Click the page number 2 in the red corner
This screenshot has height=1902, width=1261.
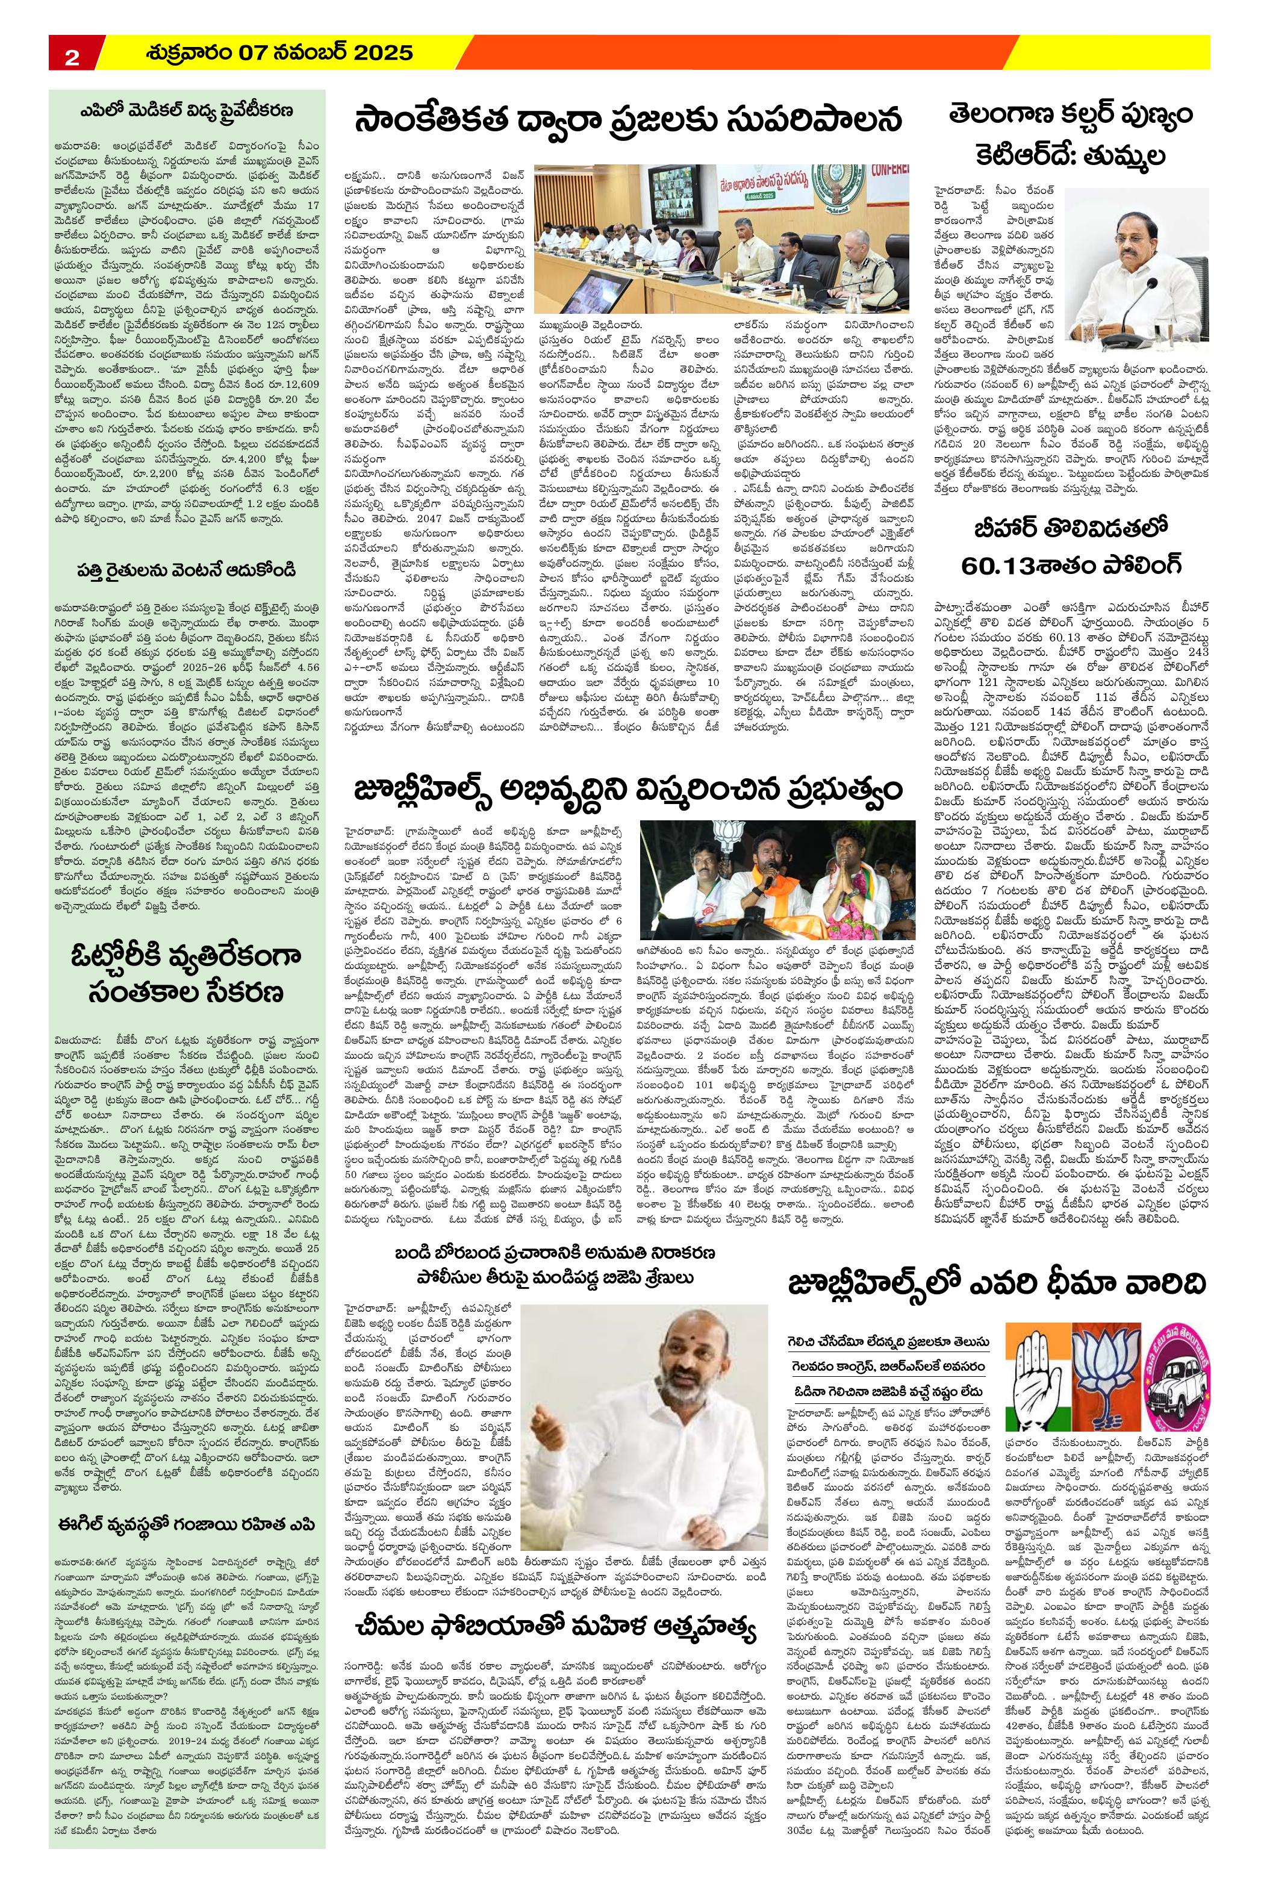72,56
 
